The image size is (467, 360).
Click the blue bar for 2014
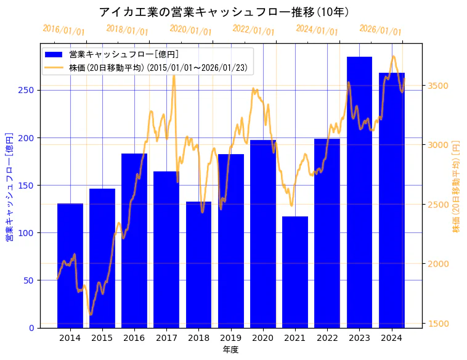pyautogui.click(x=70, y=265)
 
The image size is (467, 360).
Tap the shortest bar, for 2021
pyautogui.click(x=295, y=272)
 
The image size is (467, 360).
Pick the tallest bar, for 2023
pyautogui.click(x=359, y=192)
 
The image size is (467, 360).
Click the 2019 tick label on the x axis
pyautogui.click(x=230, y=337)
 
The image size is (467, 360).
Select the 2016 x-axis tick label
pyautogui.click(x=134, y=337)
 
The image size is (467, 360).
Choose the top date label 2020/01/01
pyautogui.click(x=190, y=31)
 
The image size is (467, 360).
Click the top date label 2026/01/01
pyautogui.click(x=380, y=31)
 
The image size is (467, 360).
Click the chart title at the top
pyautogui.click(x=224, y=12)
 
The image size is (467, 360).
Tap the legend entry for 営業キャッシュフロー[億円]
pyautogui.click(x=123, y=55)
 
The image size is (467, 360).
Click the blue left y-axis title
pyautogui.click(x=9, y=186)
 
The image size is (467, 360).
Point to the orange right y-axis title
pyautogui.click(x=457, y=186)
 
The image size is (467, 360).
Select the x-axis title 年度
pyautogui.click(x=230, y=350)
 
